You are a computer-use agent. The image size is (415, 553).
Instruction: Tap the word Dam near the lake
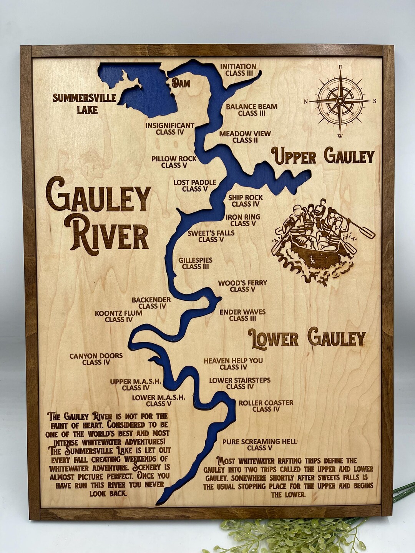[180, 83]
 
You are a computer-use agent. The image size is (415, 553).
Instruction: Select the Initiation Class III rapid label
[238, 70]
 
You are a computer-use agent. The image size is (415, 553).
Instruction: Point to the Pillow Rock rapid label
[174, 162]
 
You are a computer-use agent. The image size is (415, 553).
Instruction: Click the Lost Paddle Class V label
[195, 185]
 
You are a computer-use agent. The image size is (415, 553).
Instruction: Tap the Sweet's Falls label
[211, 236]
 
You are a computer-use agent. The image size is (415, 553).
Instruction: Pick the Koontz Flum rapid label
[118, 316]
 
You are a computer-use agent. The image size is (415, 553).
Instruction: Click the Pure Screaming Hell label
[260, 445]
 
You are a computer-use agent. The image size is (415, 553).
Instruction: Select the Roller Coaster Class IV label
[266, 406]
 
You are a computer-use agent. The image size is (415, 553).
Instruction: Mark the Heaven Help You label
[233, 364]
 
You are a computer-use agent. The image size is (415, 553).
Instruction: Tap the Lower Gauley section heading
[306, 338]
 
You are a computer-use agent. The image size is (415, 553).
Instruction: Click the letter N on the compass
[306, 102]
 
